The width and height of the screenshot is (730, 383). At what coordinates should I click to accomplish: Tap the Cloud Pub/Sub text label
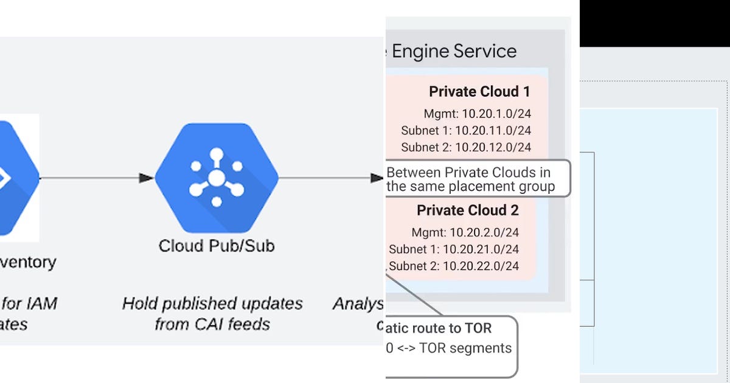tap(217, 246)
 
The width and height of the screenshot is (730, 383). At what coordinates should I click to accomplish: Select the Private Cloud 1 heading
tap(479, 92)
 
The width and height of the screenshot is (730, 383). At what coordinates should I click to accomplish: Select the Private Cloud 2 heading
tap(467, 210)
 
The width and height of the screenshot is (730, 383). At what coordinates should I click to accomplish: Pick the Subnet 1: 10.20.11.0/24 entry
tap(466, 131)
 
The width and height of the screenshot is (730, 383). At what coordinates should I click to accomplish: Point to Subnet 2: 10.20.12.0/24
tap(466, 147)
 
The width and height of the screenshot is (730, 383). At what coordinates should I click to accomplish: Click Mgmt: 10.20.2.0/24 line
tap(465, 232)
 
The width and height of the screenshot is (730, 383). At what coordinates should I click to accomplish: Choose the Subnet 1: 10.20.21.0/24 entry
tap(454, 249)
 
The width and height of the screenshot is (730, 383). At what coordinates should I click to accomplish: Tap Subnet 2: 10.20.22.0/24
tap(454, 266)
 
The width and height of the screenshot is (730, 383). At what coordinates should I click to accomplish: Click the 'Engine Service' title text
tap(454, 52)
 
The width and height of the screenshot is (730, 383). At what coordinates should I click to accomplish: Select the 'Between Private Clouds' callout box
tap(478, 179)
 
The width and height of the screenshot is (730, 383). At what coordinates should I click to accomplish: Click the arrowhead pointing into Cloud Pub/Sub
tap(146, 178)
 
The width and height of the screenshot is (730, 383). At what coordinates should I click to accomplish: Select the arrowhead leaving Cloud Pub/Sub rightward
tap(377, 178)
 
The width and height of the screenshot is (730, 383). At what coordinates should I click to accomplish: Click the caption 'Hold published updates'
tap(212, 303)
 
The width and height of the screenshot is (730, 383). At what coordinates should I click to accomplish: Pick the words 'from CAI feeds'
tap(212, 323)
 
